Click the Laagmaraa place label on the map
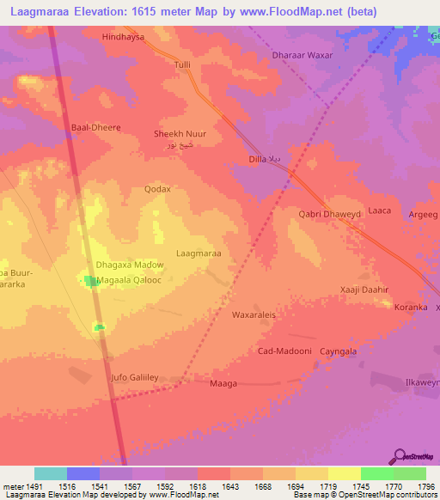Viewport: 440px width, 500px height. pos(199,253)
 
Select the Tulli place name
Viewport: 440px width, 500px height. pos(182,65)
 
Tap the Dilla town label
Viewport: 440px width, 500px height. pos(257,160)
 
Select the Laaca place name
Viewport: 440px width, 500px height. pos(379,210)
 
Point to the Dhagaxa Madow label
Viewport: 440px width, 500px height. pos(129,265)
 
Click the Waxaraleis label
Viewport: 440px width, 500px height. pos(254,315)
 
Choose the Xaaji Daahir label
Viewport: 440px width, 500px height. pos(365,290)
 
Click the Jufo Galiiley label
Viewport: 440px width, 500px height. pos(137,377)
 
